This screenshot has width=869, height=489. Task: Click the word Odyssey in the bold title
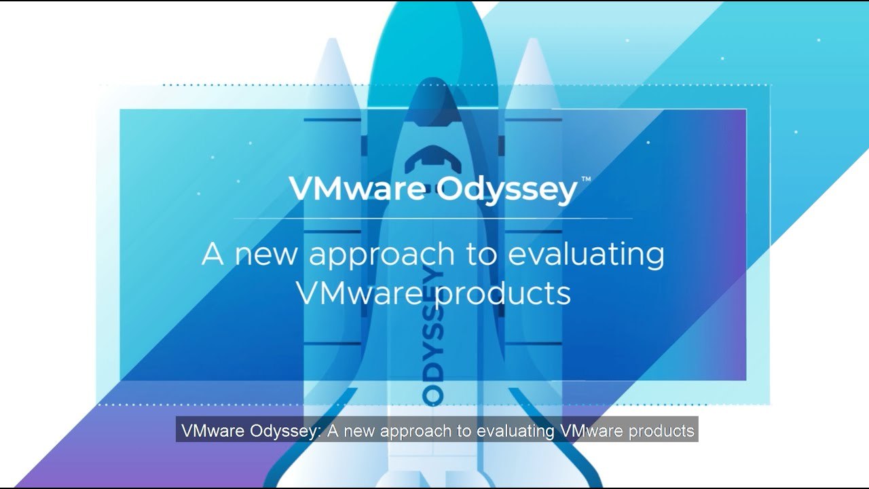click(x=507, y=189)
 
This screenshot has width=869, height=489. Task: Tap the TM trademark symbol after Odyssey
click(x=586, y=179)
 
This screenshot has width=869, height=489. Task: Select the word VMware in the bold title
click(x=357, y=189)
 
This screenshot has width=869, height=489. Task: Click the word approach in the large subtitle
click(x=382, y=255)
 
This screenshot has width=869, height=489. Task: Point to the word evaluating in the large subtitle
click(x=586, y=255)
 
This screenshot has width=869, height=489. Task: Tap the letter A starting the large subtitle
click(x=212, y=254)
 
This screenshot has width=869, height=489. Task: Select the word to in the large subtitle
click(x=481, y=255)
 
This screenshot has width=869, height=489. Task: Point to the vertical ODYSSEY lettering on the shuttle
click(x=432, y=336)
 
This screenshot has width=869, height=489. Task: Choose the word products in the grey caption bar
click(x=661, y=431)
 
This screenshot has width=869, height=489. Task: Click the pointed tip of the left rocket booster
click(x=332, y=39)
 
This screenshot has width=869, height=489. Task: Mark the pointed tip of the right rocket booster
click(x=533, y=39)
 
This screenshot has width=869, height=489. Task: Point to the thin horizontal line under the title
click(x=433, y=219)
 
